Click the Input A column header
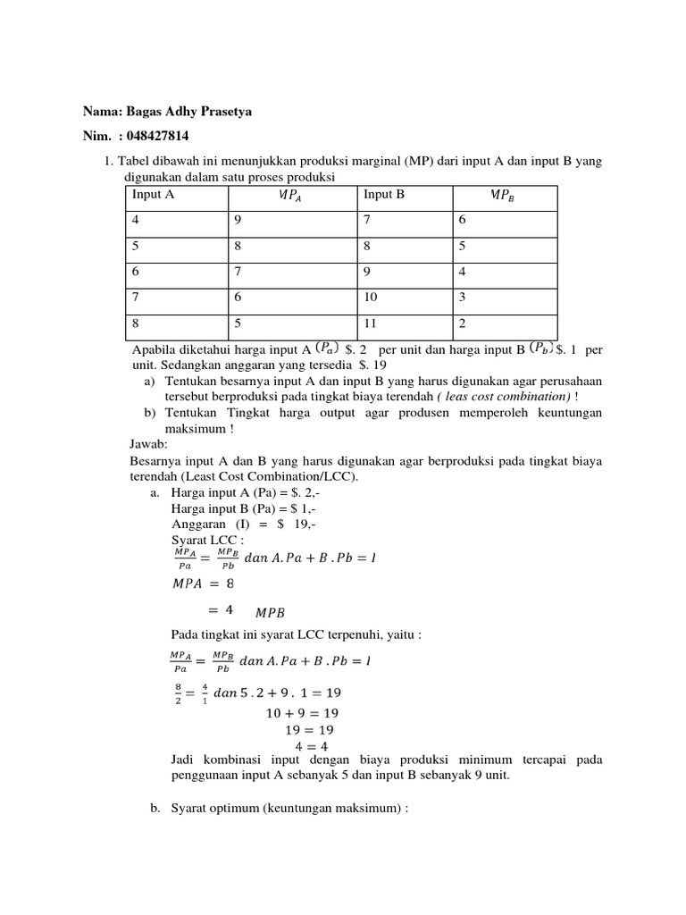[x=154, y=195]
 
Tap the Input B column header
[x=384, y=195]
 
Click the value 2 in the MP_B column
[x=462, y=323]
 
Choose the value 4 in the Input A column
[x=136, y=220]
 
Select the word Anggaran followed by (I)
[x=198, y=525]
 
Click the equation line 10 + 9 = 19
[x=303, y=713]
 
